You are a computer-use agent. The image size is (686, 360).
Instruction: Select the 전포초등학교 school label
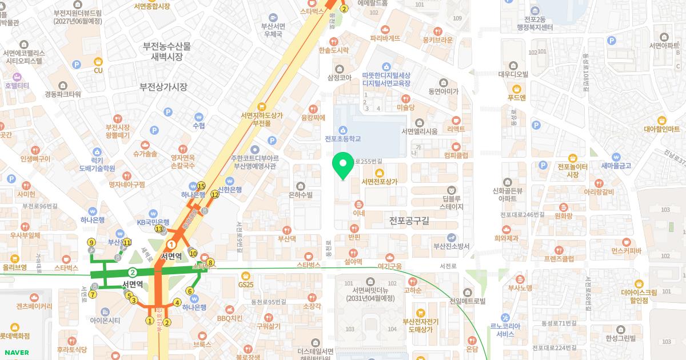pyautogui.click(x=342, y=138)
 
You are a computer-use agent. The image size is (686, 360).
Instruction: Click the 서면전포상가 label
pyautogui.click(x=379, y=181)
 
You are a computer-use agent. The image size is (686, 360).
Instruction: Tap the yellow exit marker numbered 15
pyautogui.click(x=201, y=186)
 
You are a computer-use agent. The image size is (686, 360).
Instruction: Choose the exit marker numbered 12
pyautogui.click(x=215, y=194)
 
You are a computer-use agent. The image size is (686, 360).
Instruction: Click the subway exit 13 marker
pyautogui.click(x=159, y=229)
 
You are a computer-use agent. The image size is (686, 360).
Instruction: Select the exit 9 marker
pyautogui.click(x=91, y=242)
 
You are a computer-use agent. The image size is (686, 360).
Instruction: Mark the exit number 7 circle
pyautogui.click(x=93, y=294)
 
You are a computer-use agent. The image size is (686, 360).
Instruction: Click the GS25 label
pyautogui.click(x=246, y=284)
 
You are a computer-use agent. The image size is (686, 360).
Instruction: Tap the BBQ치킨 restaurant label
pyautogui.click(x=230, y=318)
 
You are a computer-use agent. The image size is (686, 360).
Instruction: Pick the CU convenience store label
pyautogui.click(x=98, y=70)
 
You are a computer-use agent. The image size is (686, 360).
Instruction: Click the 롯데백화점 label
pyautogui.click(x=15, y=335)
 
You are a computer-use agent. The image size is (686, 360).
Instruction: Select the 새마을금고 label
pyautogui.click(x=616, y=166)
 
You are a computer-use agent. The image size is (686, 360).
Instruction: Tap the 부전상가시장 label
pyautogui.click(x=163, y=87)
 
